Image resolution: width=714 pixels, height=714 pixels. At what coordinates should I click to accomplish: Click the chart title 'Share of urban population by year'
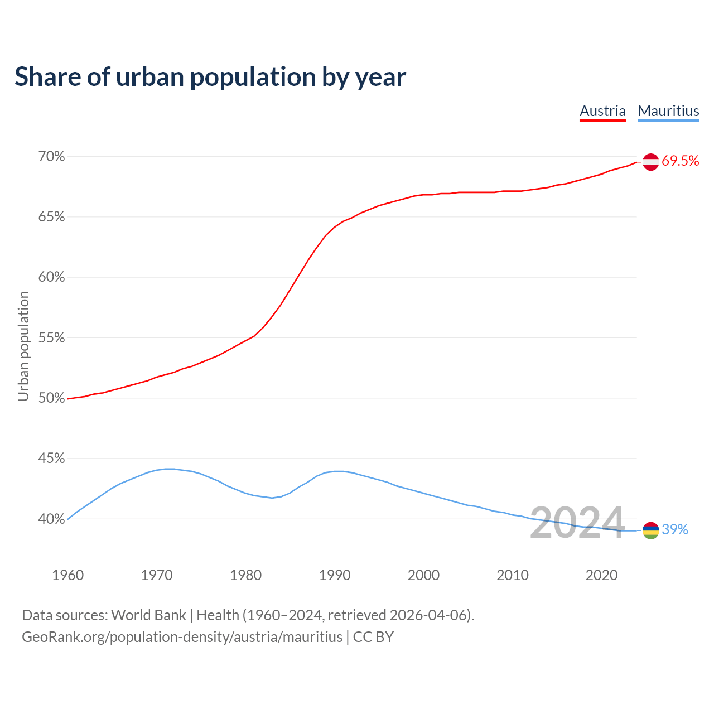click(210, 77)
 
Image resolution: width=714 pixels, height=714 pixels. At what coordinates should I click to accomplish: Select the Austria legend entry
click(602, 111)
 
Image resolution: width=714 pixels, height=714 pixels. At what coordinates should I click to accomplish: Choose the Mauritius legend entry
click(668, 111)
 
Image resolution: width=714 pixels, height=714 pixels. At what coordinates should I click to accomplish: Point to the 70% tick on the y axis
click(51, 157)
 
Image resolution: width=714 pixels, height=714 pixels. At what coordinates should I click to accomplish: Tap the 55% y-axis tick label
click(51, 338)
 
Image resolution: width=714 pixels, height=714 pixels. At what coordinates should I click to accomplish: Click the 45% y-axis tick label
click(51, 459)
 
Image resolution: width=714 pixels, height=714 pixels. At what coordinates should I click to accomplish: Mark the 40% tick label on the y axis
click(51, 519)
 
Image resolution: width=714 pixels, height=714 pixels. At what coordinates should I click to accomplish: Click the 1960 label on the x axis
click(67, 575)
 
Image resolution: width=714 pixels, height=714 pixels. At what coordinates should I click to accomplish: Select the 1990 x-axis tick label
click(335, 575)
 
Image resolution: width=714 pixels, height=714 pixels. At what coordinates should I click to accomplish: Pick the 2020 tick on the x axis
click(601, 575)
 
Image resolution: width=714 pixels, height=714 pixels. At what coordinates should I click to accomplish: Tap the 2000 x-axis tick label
click(423, 575)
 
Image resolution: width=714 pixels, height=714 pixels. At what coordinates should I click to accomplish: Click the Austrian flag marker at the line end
click(650, 162)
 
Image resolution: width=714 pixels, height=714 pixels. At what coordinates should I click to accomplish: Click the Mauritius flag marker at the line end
click(650, 530)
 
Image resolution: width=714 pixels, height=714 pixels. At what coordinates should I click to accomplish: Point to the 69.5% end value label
click(681, 161)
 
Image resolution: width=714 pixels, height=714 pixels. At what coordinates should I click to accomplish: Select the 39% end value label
click(675, 530)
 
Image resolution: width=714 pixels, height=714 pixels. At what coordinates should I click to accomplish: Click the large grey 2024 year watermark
click(577, 523)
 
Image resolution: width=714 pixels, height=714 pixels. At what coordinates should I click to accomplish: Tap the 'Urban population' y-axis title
click(23, 346)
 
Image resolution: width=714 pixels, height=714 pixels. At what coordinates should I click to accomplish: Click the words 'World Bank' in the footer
click(148, 615)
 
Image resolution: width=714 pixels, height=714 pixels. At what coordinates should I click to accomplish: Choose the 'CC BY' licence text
click(373, 637)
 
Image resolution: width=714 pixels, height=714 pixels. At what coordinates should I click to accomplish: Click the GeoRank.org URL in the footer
click(182, 637)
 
